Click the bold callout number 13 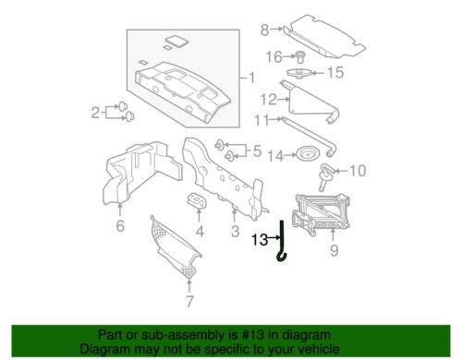[x=260, y=239]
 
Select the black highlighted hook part [x=282, y=240]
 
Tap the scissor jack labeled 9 [x=321, y=213]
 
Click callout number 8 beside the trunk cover [x=264, y=30]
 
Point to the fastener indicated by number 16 [x=300, y=57]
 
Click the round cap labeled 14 [x=307, y=154]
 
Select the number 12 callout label [x=269, y=100]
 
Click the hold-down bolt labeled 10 [x=326, y=177]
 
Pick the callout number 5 [x=258, y=151]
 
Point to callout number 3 [x=236, y=231]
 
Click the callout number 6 [x=120, y=225]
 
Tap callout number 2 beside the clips [x=95, y=113]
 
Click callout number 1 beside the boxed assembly [x=252, y=78]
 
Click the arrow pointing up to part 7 [x=189, y=285]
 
